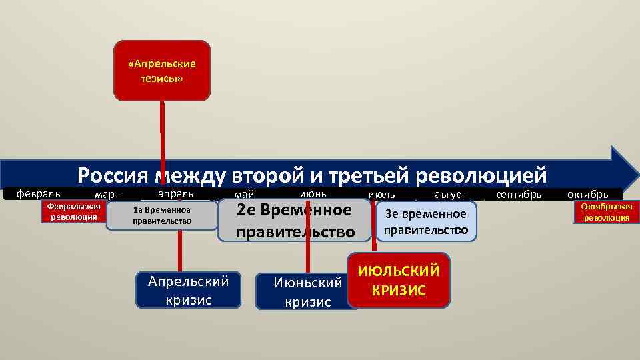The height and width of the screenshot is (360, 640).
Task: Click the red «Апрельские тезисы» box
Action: [162, 71]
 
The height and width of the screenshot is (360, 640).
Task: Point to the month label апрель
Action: [175, 193]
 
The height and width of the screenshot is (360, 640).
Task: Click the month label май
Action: [244, 195]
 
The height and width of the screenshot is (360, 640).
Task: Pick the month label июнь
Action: [313, 193]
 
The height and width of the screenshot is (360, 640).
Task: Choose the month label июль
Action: [381, 195]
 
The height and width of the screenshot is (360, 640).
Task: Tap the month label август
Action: [450, 195]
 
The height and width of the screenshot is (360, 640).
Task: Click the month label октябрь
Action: [587, 195]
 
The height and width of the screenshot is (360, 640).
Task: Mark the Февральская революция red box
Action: [73, 212]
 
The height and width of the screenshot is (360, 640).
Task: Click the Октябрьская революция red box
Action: [607, 212]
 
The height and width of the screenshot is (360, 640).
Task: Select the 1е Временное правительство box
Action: [162, 215]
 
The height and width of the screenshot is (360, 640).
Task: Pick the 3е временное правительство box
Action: [426, 222]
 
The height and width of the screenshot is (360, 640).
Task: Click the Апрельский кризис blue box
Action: [188, 290]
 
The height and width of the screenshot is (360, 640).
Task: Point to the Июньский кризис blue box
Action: [307, 292]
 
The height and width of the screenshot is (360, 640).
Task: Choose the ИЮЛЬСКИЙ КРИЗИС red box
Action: [399, 280]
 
